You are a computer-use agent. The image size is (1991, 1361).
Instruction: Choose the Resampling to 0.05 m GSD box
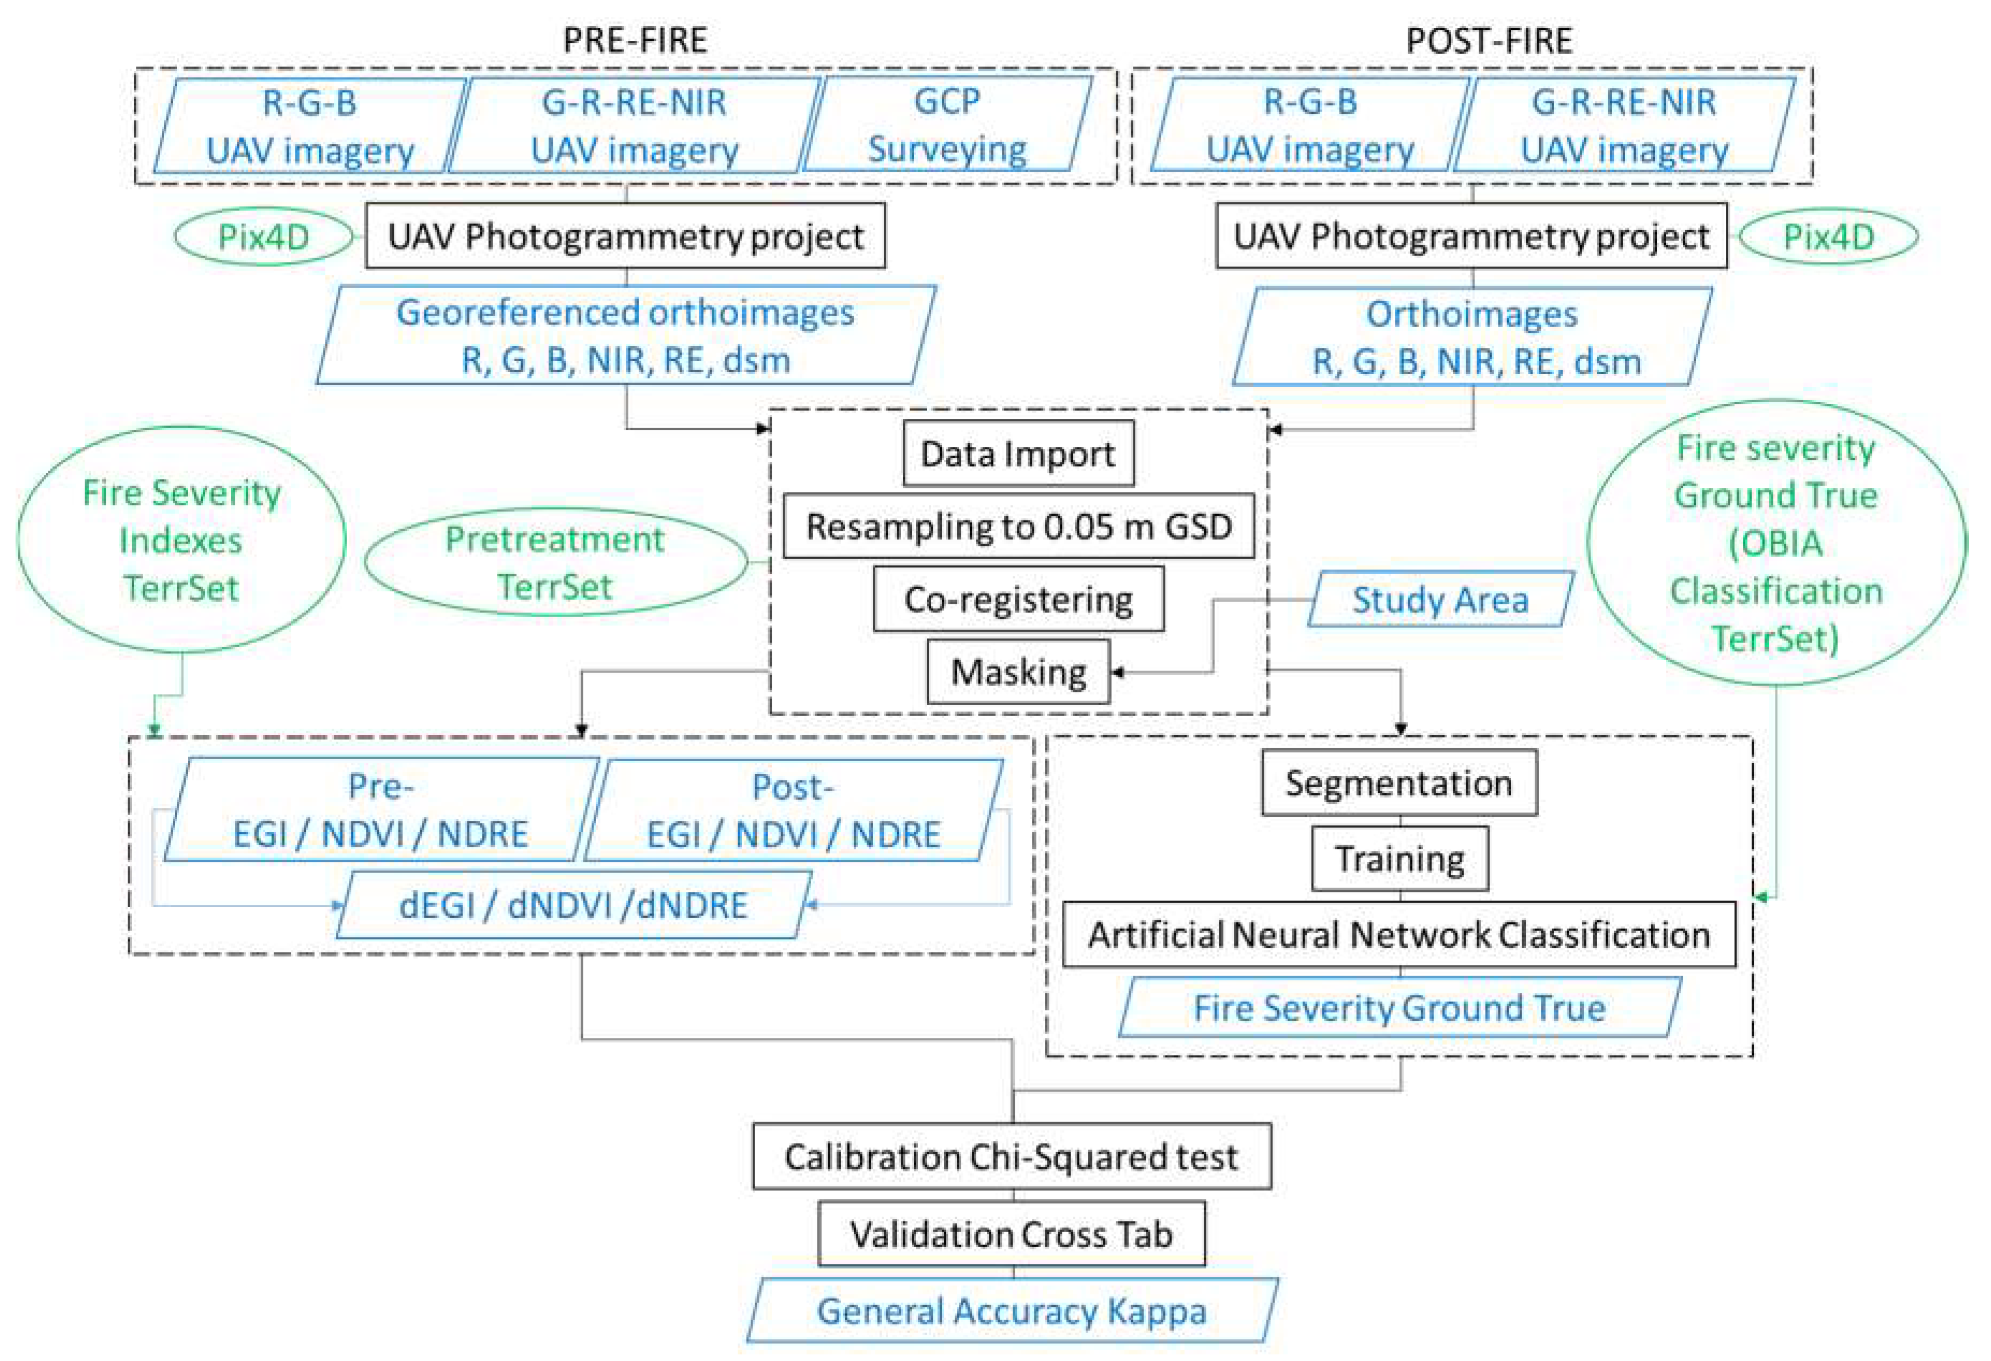coord(1018,526)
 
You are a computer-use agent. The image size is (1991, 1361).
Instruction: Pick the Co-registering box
coord(1018,599)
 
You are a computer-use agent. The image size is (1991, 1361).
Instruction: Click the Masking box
coord(1018,671)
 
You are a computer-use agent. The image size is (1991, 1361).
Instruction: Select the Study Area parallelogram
coord(1439,599)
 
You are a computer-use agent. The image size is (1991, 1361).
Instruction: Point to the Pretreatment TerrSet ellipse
coord(555,563)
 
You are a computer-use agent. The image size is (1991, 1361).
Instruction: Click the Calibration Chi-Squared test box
coord(1011,1157)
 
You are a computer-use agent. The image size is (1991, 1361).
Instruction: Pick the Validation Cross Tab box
coord(1011,1233)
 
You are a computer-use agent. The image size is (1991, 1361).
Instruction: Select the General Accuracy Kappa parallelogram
coord(1011,1311)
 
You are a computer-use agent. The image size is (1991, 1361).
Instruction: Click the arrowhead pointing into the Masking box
coord(1117,672)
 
